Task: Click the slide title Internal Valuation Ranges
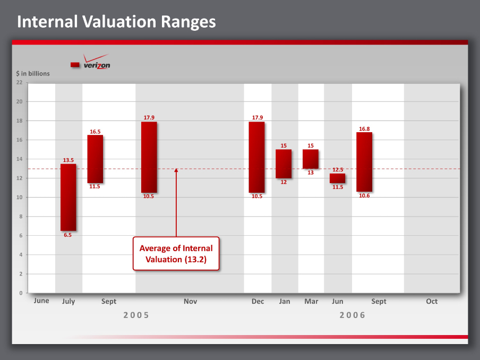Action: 116,22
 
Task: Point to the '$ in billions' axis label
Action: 33,73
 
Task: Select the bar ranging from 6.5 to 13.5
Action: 68,197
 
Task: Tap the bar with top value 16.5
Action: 95,159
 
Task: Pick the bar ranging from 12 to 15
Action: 284,164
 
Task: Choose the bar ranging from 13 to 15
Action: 311,159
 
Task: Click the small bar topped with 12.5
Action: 337,178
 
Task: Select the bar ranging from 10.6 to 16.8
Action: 364,162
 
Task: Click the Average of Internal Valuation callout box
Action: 176,253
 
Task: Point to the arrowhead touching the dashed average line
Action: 176,170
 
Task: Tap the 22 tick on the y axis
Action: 19,82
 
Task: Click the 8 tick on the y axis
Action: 21,217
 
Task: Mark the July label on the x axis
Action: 68,302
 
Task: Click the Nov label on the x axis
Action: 190,302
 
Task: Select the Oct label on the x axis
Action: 432,302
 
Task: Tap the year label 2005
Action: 136,315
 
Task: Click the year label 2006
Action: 353,315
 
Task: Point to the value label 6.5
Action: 68,235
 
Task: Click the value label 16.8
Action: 364,128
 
